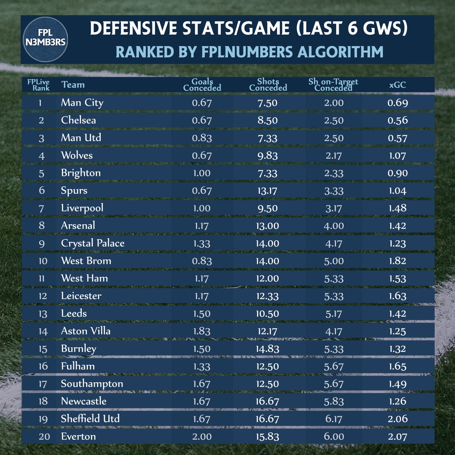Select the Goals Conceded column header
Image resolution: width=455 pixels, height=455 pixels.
pos(202,85)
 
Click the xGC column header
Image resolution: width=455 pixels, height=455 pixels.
pos(397,85)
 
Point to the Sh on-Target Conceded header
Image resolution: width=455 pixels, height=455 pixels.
pos(333,85)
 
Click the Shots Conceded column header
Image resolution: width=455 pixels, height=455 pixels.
pos(268,85)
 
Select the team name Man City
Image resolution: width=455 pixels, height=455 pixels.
pos(82,103)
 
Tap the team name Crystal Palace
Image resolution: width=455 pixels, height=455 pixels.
pos(93,243)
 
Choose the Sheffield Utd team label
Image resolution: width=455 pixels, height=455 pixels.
pos(90,419)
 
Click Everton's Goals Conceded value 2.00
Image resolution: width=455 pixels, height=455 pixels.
pos(202,436)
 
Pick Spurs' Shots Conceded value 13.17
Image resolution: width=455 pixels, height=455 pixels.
pos(267,191)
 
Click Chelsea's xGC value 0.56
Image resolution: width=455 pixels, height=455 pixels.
pos(398,120)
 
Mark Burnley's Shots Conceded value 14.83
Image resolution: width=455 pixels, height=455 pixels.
pos(267,349)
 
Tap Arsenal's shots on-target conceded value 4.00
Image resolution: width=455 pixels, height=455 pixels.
pos(334,226)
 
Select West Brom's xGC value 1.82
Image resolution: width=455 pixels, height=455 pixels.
pos(397,261)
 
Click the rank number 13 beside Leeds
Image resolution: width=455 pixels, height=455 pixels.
pos(43,314)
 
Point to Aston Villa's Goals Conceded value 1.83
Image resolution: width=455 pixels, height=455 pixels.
pos(202,331)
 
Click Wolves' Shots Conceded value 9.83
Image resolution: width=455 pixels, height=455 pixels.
pos(267,155)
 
